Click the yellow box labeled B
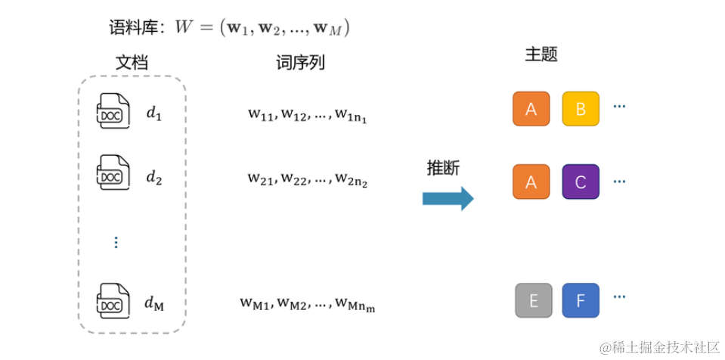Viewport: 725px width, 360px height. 581,109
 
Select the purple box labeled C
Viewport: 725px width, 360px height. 581,182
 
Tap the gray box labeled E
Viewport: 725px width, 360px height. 534,301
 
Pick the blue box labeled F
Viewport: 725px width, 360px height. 581,301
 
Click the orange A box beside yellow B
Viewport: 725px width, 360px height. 531,109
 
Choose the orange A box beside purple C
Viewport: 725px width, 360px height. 531,182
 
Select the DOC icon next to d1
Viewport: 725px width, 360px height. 112,110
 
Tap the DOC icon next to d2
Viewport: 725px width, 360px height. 112,173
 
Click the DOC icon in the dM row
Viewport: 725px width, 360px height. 112,301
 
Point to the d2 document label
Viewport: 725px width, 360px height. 154,178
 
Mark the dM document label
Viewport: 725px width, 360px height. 154,304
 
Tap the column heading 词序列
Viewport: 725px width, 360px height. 300,63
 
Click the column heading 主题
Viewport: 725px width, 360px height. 541,55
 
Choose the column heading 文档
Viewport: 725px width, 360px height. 132,63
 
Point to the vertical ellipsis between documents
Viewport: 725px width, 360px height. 116,242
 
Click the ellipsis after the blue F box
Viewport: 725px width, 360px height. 619,296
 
